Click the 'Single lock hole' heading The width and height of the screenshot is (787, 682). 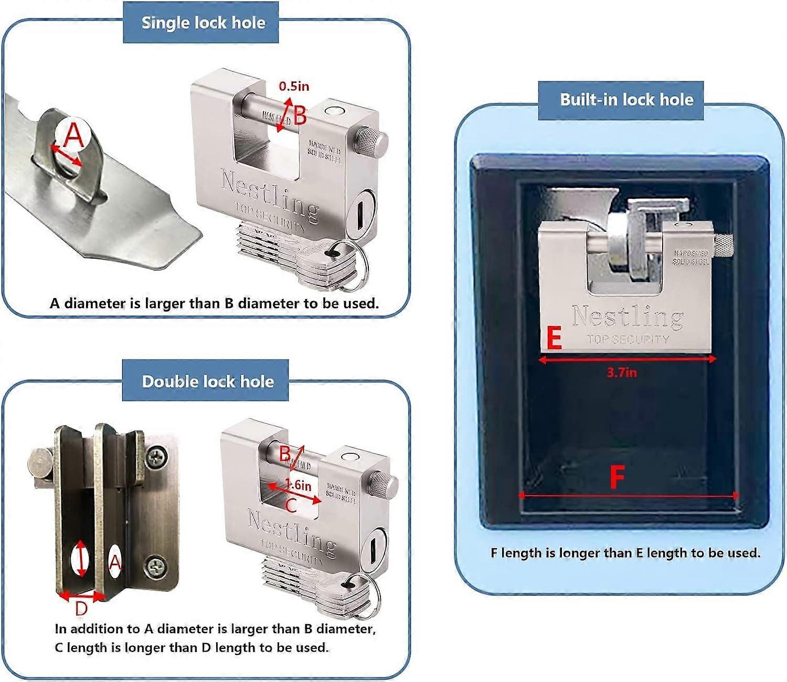click(x=203, y=23)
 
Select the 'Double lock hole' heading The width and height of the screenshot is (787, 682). click(x=207, y=381)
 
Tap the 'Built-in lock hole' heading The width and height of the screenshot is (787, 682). click(x=626, y=100)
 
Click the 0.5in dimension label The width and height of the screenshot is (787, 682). click(x=293, y=86)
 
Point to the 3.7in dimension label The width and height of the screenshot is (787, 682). click(x=621, y=372)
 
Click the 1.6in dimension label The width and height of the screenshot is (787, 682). click(x=299, y=485)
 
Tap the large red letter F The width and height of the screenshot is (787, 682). click(x=617, y=477)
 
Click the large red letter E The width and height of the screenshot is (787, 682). click(x=554, y=338)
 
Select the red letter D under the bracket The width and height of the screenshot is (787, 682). click(x=81, y=609)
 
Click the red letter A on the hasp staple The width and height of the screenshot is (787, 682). click(x=73, y=135)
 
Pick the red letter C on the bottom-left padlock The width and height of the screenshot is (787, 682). click(x=291, y=506)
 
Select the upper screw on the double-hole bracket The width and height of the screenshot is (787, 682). click(x=157, y=458)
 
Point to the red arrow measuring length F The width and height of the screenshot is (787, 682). click(x=628, y=495)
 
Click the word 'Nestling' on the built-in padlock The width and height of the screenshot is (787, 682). click(x=628, y=316)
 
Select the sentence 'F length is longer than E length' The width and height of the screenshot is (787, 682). click(x=625, y=553)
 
